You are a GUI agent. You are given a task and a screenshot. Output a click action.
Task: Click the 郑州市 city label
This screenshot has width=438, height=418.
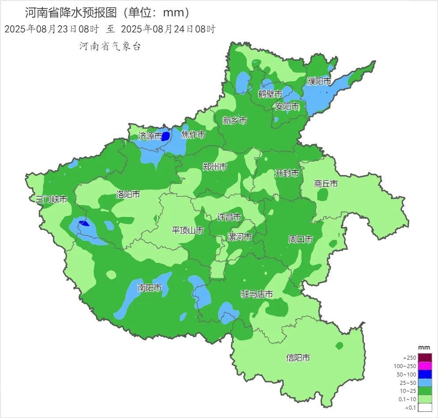click(215, 167)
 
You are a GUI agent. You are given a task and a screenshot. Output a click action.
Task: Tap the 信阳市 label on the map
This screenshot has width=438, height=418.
click(298, 357)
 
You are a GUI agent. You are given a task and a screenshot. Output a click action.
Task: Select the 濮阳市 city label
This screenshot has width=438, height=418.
click(319, 81)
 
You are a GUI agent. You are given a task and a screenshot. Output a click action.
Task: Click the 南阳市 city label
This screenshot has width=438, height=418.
click(149, 288)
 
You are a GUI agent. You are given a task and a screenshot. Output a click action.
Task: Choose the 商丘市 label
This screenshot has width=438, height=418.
click(326, 184)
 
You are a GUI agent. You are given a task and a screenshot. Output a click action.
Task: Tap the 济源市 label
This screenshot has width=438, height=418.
click(150, 136)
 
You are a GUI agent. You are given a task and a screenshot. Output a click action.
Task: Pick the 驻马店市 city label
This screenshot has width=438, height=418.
click(257, 294)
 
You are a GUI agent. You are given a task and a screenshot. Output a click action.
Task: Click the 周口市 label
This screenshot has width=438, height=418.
click(300, 239)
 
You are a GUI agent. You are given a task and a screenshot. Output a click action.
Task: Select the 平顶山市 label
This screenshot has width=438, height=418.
click(188, 230)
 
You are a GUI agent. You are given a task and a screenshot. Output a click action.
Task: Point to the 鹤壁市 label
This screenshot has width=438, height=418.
click(270, 94)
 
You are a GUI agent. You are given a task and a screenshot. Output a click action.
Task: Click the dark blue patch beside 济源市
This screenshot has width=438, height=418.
click(166, 136)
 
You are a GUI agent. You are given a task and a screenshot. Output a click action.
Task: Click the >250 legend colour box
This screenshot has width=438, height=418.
click(424, 357)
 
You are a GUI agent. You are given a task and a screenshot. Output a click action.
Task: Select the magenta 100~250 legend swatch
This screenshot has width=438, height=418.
click(424, 366)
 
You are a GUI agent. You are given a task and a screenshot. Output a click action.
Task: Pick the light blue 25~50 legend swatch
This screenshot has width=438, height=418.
click(424, 383)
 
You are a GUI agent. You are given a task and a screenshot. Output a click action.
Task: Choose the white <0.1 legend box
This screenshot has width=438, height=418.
click(424, 407)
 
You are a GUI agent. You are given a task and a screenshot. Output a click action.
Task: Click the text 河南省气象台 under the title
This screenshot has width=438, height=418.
click(109, 46)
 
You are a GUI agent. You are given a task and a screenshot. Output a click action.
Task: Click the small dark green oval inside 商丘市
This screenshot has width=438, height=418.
click(323, 194)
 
